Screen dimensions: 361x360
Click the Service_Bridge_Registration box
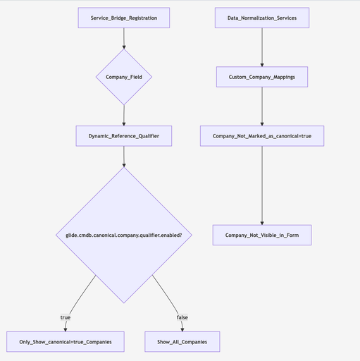(x=124, y=18)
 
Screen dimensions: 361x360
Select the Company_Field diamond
(x=124, y=76)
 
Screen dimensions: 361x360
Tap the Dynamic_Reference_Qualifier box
(x=124, y=135)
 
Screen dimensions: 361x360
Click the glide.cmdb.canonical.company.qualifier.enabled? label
(x=124, y=234)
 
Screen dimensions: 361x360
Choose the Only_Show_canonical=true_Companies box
(x=66, y=341)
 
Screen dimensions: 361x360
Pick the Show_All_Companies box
(x=182, y=341)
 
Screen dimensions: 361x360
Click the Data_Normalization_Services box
(x=262, y=18)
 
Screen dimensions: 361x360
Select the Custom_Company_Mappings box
(x=262, y=76)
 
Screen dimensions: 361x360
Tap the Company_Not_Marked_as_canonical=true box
(x=262, y=135)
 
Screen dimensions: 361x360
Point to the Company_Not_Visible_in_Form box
(x=262, y=235)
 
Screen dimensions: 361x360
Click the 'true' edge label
(x=66, y=317)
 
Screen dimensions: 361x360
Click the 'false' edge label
(x=182, y=317)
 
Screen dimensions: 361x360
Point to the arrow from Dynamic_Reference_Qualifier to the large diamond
(x=124, y=156)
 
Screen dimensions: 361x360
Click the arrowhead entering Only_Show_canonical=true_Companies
(x=66, y=328)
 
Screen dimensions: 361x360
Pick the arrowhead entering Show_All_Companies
(x=182, y=328)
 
